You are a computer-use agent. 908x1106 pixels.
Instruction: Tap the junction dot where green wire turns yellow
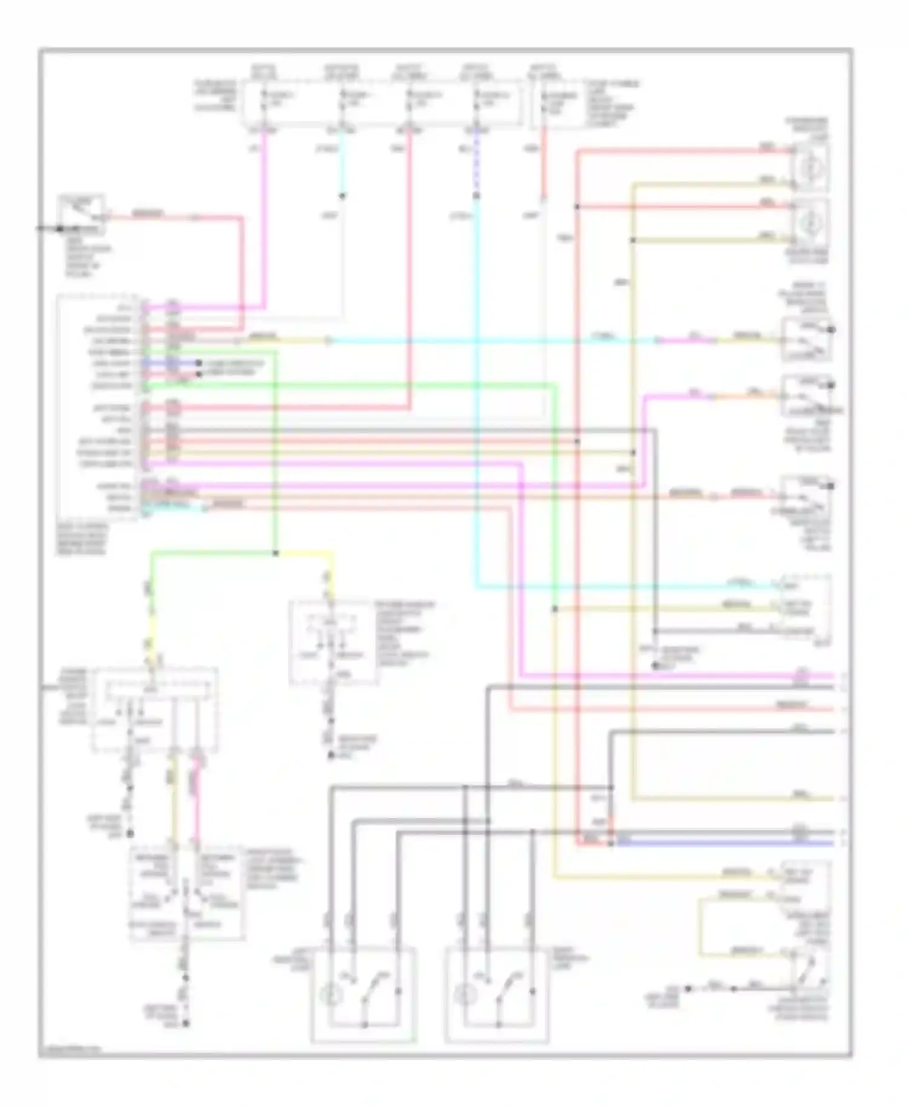coord(276,553)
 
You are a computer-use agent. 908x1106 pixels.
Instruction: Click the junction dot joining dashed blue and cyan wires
coord(476,195)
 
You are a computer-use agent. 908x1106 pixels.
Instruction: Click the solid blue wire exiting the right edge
coord(726,842)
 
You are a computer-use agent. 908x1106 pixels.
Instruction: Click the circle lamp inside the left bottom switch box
coord(333,993)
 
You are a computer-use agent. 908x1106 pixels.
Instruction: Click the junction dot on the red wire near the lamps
coord(577,207)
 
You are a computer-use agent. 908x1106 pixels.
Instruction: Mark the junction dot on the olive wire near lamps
coord(633,240)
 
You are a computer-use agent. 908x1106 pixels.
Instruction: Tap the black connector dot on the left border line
coord(60,229)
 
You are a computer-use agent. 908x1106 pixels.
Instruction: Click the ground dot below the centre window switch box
coord(331,754)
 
